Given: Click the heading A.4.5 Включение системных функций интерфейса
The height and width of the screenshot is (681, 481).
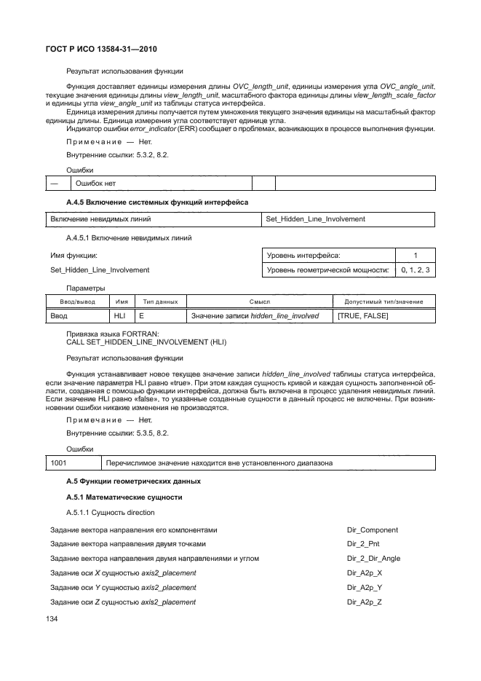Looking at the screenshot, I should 157,201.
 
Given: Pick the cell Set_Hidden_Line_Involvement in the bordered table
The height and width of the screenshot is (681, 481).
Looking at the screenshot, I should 316,219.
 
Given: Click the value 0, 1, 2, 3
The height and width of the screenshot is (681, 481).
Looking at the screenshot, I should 416,270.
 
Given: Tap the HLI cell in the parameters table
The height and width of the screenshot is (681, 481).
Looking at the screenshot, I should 120,316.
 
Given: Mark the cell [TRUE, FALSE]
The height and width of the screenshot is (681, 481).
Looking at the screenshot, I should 363,316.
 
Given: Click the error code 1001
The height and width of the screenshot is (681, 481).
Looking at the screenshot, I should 59,462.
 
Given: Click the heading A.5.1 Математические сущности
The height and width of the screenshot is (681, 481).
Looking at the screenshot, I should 124,497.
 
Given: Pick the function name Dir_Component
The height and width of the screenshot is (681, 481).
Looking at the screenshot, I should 373,530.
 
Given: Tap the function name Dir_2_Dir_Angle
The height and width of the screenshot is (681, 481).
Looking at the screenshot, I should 374,559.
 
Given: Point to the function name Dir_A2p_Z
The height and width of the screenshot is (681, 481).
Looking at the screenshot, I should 365,602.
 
